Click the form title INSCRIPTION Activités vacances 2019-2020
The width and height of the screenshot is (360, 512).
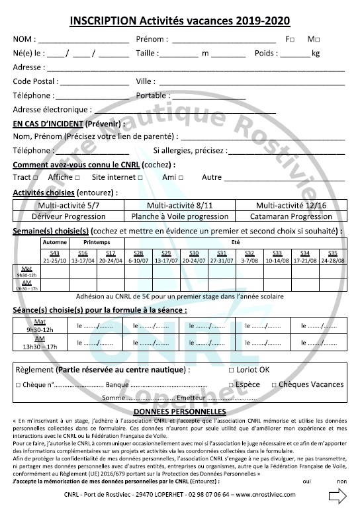180,21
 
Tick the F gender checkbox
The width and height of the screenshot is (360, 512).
292,40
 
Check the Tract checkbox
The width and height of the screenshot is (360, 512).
34,178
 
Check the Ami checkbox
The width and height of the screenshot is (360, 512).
180,178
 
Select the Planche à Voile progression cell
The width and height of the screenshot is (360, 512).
179,216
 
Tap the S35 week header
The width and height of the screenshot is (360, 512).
332,253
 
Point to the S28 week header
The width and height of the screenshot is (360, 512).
138,253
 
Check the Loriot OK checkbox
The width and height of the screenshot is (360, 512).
231,369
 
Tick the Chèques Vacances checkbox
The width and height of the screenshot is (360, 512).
273,385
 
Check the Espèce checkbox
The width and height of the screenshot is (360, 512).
231,385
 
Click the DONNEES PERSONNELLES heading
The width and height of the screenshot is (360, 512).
180,411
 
